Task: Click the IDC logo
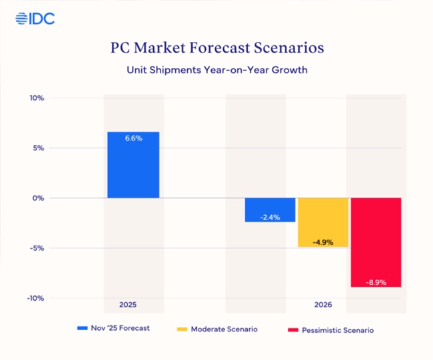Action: pos(35,19)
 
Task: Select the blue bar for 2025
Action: pos(133,165)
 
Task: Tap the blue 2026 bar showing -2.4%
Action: pos(270,210)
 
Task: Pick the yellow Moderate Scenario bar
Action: pos(323,222)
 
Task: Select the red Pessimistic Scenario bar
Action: pos(376,242)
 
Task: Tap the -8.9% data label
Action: pos(376,281)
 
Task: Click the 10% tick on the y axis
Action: pos(36,98)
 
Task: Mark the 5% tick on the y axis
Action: pos(37,148)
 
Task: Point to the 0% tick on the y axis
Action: pos(37,198)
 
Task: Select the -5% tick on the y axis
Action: pos(36,248)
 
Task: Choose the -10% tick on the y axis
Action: pos(35,298)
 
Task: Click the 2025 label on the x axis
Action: pos(128,305)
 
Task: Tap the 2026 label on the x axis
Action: pos(322,305)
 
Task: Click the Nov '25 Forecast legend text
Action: pos(122,329)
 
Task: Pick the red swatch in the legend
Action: pos(291,329)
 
